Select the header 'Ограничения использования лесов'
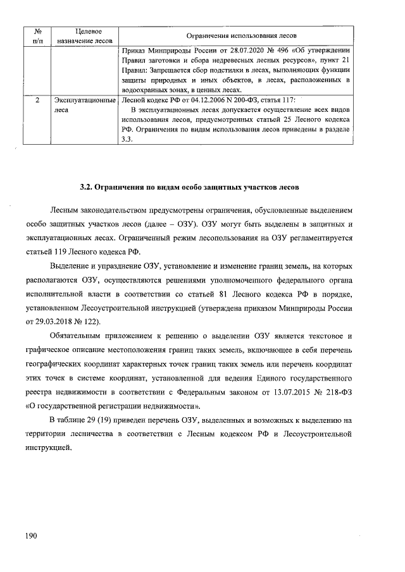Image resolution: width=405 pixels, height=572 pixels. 235,35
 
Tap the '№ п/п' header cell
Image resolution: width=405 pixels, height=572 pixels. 37,35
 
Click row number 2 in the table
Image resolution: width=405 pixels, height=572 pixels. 37,100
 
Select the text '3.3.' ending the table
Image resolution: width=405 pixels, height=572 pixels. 127,140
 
